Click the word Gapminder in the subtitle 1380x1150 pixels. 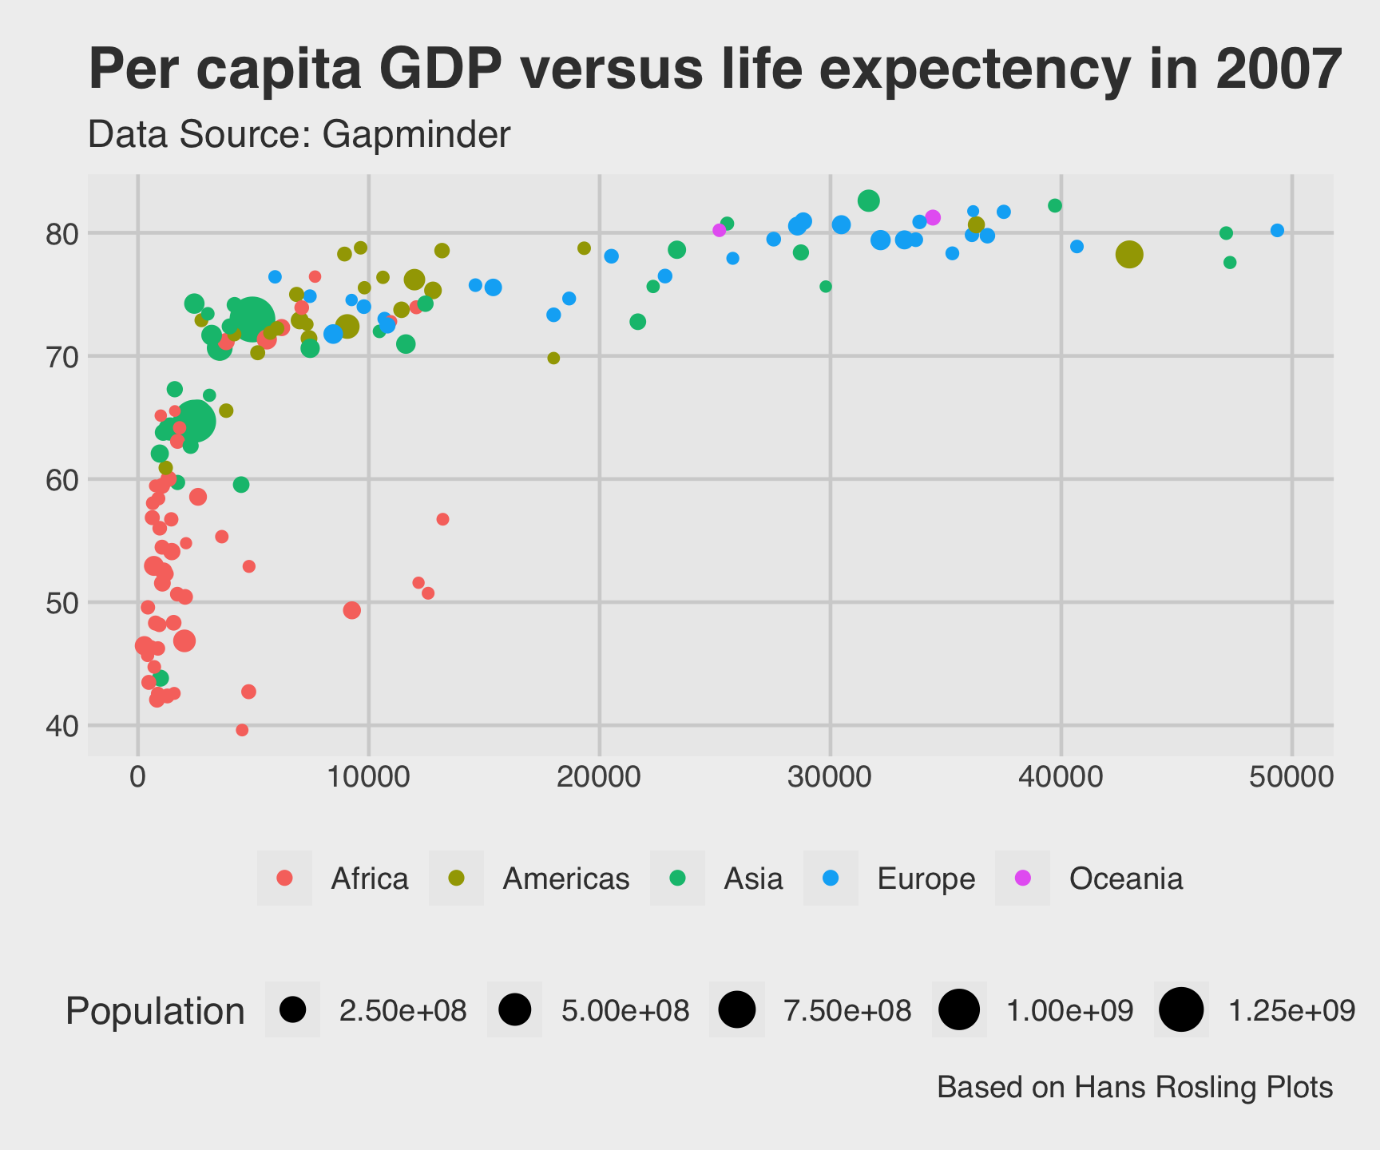click(415, 135)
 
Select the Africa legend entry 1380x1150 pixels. click(369, 878)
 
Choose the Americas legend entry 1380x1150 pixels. click(565, 878)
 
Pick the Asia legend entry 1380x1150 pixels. click(753, 878)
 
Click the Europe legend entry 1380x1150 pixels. click(926, 878)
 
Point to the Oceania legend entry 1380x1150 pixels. click(1125, 878)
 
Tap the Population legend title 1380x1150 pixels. click(155, 1011)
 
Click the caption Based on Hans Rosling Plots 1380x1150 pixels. click(1134, 1088)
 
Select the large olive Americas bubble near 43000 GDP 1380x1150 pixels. click(1128, 255)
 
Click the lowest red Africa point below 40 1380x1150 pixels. click(242, 730)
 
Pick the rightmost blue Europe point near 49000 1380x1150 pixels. click(1277, 231)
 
